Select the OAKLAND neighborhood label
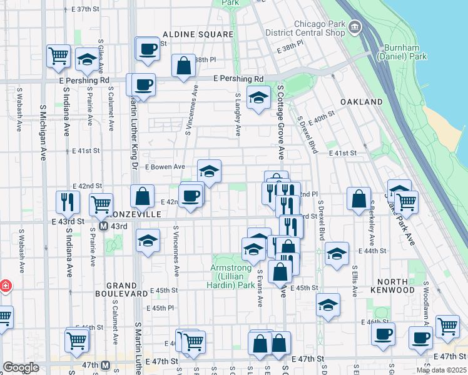361,101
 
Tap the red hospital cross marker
5,286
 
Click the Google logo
20,367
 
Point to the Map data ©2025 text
440,370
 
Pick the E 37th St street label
85,10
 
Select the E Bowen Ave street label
165,167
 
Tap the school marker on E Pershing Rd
258,97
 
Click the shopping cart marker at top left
58,55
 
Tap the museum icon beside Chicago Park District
355,27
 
